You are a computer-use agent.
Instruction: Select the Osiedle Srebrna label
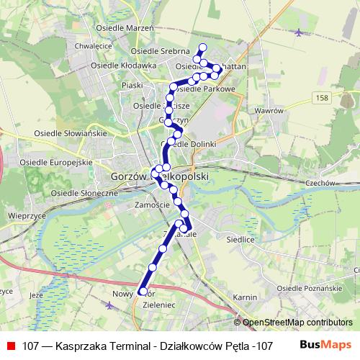pyautogui.click(x=161, y=52)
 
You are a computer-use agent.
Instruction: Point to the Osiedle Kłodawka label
pyautogui.click(x=124, y=66)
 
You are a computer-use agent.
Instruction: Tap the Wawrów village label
pyautogui.click(x=268, y=112)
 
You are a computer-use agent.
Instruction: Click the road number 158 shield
pyautogui.click(x=320, y=96)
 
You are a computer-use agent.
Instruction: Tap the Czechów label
pyautogui.click(x=321, y=183)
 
